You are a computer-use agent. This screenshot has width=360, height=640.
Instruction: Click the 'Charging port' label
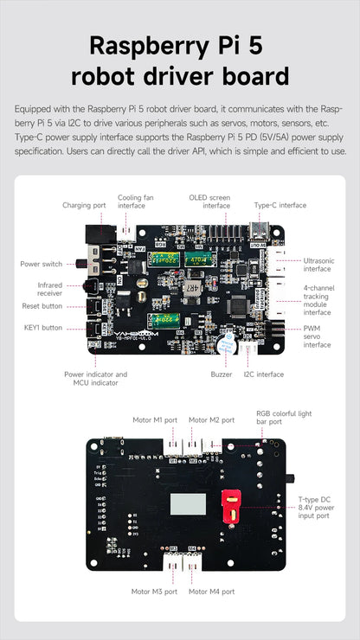point(84,205)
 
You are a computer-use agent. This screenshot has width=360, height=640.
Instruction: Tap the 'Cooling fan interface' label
point(132,201)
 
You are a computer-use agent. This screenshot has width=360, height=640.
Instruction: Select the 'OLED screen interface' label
point(209,201)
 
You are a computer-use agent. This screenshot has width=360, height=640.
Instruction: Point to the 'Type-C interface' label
point(280,205)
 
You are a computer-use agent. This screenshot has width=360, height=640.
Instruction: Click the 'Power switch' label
point(41,263)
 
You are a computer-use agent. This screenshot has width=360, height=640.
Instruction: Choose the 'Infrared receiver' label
point(49,288)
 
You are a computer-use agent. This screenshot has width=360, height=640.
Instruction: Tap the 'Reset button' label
point(42,305)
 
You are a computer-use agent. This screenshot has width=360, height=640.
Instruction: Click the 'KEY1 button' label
point(43,327)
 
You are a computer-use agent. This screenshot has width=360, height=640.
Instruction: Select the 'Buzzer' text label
point(221,374)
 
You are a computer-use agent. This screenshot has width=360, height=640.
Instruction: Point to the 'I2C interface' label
point(263,374)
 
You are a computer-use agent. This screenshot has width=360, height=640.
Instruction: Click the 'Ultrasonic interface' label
point(318,264)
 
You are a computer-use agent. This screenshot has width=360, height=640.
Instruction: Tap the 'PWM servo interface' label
point(317,336)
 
